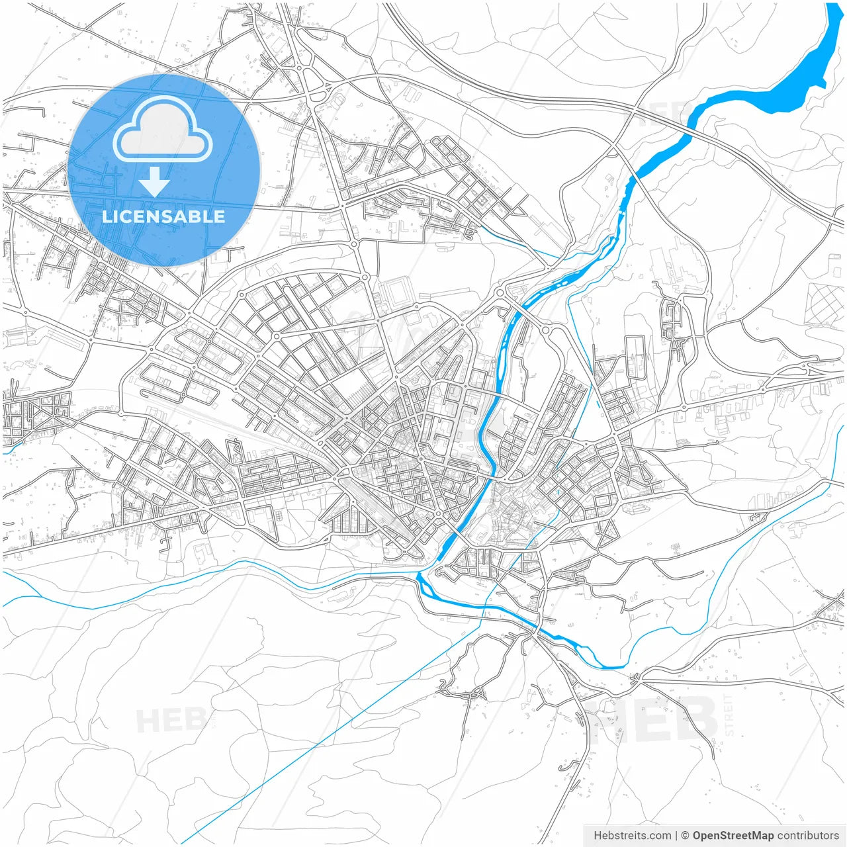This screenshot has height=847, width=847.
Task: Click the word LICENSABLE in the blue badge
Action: pos(163,216)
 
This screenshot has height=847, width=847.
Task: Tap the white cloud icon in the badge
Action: pos(163,130)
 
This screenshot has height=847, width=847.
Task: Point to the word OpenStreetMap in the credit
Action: pos(733,836)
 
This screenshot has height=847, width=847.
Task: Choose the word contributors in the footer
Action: pos(808,836)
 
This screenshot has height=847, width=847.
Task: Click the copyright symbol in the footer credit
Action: pos(686,836)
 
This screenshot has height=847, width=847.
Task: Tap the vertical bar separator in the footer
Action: pos(676,836)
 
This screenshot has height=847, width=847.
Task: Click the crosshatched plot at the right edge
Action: pos(824,304)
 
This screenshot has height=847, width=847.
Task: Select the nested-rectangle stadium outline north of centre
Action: pos(396,291)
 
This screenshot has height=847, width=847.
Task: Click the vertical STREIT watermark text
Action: pos(729,715)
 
